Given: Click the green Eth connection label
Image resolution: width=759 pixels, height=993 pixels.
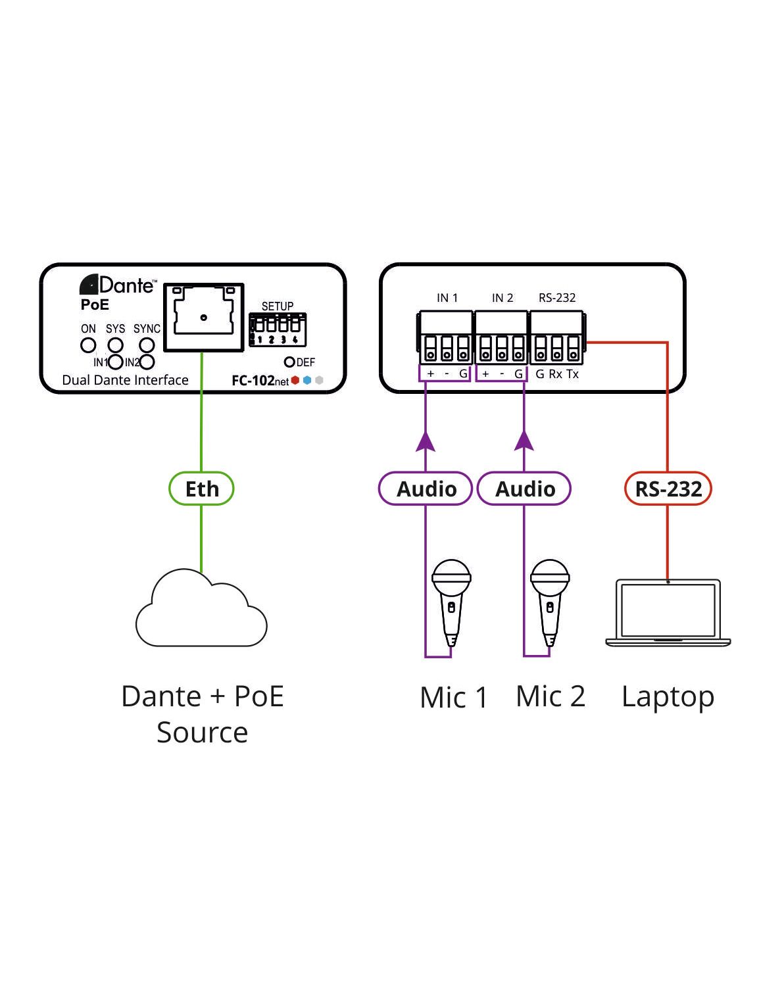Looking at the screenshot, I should (x=201, y=489).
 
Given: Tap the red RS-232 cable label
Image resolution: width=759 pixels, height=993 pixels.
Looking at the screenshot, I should (x=668, y=489).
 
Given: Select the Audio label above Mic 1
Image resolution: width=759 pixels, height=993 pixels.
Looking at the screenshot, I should (x=426, y=489).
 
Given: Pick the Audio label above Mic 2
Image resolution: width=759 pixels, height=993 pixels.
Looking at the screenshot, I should (x=524, y=489).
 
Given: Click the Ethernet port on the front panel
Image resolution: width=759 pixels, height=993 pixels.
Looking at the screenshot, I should (x=204, y=318).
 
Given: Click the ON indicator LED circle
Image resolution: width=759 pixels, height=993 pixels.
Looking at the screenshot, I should (x=87, y=345).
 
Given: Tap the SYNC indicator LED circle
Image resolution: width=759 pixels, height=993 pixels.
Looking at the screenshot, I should (x=147, y=345).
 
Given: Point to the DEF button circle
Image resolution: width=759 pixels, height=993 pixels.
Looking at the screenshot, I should (x=289, y=362).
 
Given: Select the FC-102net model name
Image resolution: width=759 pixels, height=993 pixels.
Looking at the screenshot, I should (x=260, y=381).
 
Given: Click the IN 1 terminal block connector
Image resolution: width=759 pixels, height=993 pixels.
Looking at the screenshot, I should (x=446, y=338).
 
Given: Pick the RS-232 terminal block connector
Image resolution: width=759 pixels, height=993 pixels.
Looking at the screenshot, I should (x=556, y=338).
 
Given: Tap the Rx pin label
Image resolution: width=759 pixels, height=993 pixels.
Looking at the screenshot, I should (x=556, y=374).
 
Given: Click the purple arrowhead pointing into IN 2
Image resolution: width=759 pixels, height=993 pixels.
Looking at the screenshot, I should (x=524, y=441).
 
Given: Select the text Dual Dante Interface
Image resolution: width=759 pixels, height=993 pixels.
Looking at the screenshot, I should (x=125, y=380).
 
